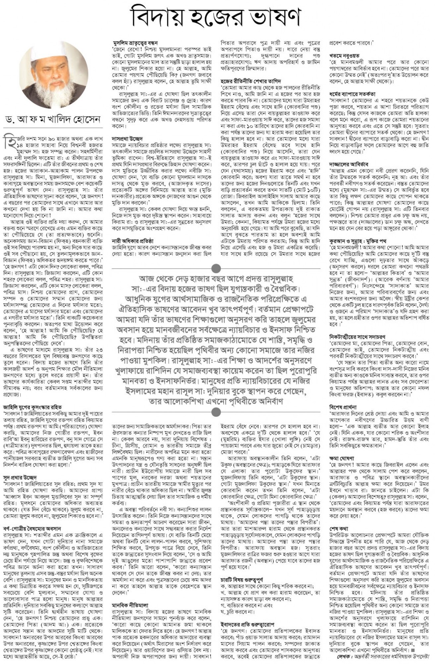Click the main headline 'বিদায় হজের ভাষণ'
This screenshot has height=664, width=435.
pos(217,17)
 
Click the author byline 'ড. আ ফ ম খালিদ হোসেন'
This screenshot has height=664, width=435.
pos(52,119)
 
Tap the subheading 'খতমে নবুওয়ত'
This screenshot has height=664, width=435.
pos(344,56)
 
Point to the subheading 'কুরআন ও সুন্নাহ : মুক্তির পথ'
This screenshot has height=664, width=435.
pos(358,241)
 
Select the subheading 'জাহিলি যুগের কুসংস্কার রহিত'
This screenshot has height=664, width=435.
pos(32,407)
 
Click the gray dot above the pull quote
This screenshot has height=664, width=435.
pos(216,268)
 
